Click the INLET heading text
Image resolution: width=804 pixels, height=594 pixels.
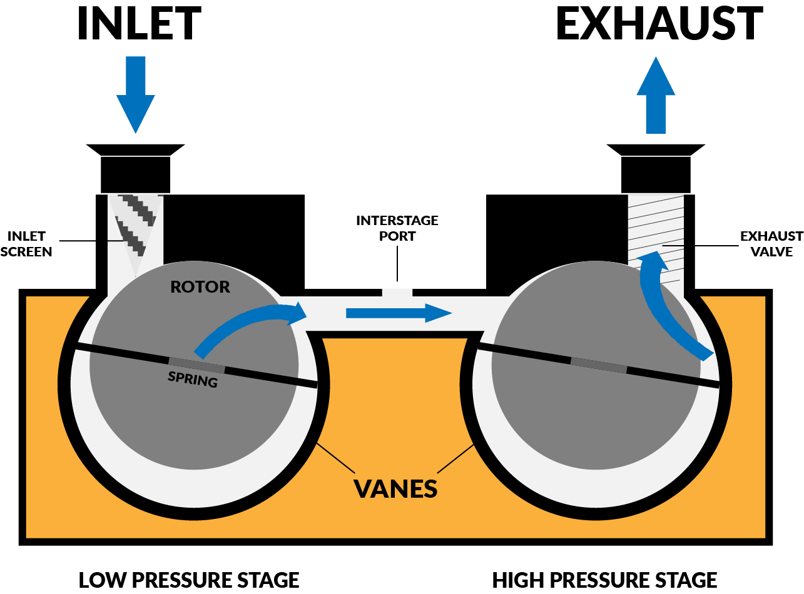[139, 24]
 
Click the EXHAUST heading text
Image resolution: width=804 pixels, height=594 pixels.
[659, 24]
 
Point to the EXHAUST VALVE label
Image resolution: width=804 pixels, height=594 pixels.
[771, 244]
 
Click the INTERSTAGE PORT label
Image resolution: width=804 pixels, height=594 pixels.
[397, 228]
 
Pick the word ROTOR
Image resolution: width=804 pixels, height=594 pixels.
[200, 287]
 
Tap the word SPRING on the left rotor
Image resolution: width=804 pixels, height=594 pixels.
[193, 379]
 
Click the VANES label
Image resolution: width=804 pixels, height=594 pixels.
[395, 488]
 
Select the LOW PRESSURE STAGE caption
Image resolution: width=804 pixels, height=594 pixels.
[189, 580]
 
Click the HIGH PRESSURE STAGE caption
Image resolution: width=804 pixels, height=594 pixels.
[604, 580]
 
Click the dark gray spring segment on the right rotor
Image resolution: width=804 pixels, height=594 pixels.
[598, 365]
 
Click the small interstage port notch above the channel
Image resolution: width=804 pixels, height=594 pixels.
[397, 292]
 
